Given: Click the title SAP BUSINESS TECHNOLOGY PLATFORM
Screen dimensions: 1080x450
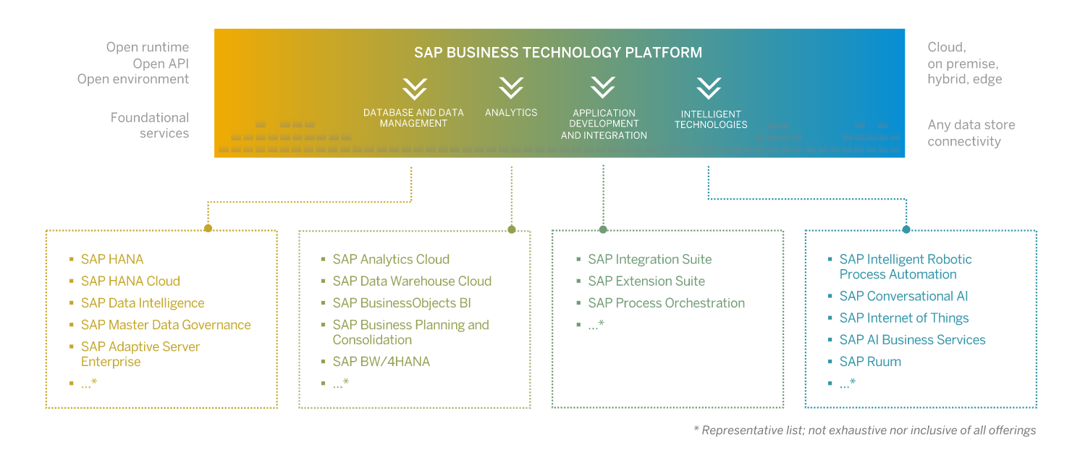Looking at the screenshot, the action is [558, 53].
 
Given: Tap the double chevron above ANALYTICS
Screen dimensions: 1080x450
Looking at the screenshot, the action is [511, 88].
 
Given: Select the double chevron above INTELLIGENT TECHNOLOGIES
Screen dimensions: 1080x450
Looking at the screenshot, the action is [709, 88].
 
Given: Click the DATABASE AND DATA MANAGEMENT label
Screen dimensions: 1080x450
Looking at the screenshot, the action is [413, 118].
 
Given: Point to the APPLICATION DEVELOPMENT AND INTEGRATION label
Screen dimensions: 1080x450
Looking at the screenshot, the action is [604, 124].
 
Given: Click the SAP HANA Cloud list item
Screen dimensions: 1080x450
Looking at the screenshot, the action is [130, 281].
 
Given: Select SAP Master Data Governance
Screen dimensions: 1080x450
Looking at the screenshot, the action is [165, 325].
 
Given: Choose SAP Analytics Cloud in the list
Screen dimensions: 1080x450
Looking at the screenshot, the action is [391, 259].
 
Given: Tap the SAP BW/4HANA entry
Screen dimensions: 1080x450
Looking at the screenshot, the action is [381, 361].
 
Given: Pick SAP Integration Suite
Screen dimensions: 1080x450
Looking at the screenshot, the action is [649, 259].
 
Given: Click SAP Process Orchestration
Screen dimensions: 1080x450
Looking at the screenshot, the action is [666, 303].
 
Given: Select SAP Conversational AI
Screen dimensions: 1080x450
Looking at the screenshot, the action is [903, 296].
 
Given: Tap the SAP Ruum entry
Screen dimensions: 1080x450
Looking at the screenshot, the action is [870, 361].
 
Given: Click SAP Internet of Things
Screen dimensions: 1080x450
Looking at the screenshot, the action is [903, 318].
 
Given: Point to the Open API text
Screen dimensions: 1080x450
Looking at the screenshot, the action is [161, 64].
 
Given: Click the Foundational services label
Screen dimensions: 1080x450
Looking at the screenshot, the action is [149, 125].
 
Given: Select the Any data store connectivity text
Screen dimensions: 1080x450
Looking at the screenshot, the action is [971, 133].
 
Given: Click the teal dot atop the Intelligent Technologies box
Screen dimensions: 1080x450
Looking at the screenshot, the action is [906, 229].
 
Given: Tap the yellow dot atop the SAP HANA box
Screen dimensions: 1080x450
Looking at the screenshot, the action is [208, 229].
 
